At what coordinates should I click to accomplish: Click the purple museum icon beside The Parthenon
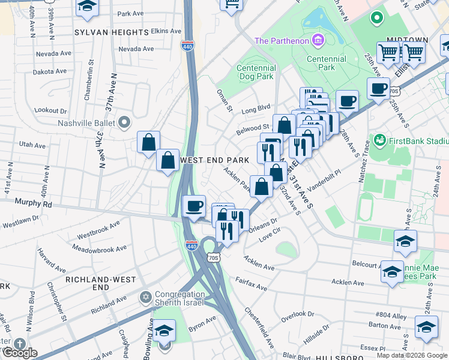point(318,41)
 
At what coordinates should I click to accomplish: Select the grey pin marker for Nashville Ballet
point(124,123)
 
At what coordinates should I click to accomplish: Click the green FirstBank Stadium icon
point(379,141)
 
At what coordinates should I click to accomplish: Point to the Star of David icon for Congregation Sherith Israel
point(145,297)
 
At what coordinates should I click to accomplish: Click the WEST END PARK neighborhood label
point(214,161)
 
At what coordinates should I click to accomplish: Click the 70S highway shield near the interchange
point(213,257)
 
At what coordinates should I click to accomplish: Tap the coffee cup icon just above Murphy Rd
point(193,206)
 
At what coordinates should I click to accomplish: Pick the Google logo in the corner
point(19,353)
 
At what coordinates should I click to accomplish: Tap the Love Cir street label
point(270,235)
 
